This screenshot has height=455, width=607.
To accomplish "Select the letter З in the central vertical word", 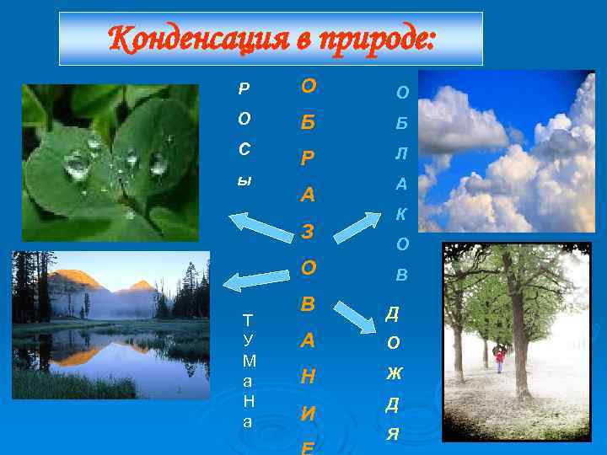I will point(309,231).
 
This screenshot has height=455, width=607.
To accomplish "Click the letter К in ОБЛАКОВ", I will point(402,214).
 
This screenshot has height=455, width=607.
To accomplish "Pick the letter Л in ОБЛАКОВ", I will point(402,153).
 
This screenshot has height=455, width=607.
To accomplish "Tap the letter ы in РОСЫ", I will point(244,180).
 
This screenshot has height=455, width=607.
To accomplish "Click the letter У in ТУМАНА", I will point(248,340).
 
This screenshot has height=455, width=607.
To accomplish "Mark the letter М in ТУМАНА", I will point(248,361).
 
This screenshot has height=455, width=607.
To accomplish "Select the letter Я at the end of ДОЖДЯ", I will point(393,435).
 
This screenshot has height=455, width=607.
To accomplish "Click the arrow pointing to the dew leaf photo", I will point(261,227).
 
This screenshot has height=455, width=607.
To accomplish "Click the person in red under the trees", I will point(499,359).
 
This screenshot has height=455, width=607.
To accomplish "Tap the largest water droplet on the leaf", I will point(78,164).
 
